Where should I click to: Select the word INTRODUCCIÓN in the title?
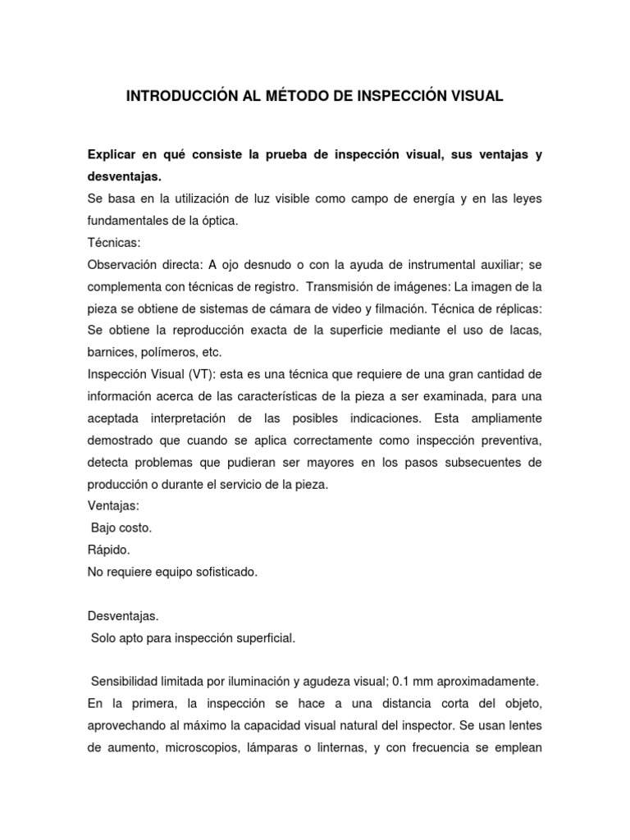(171, 97)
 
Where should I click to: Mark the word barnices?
(111, 351)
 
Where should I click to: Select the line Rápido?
(108, 550)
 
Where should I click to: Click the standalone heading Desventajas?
(123, 615)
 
